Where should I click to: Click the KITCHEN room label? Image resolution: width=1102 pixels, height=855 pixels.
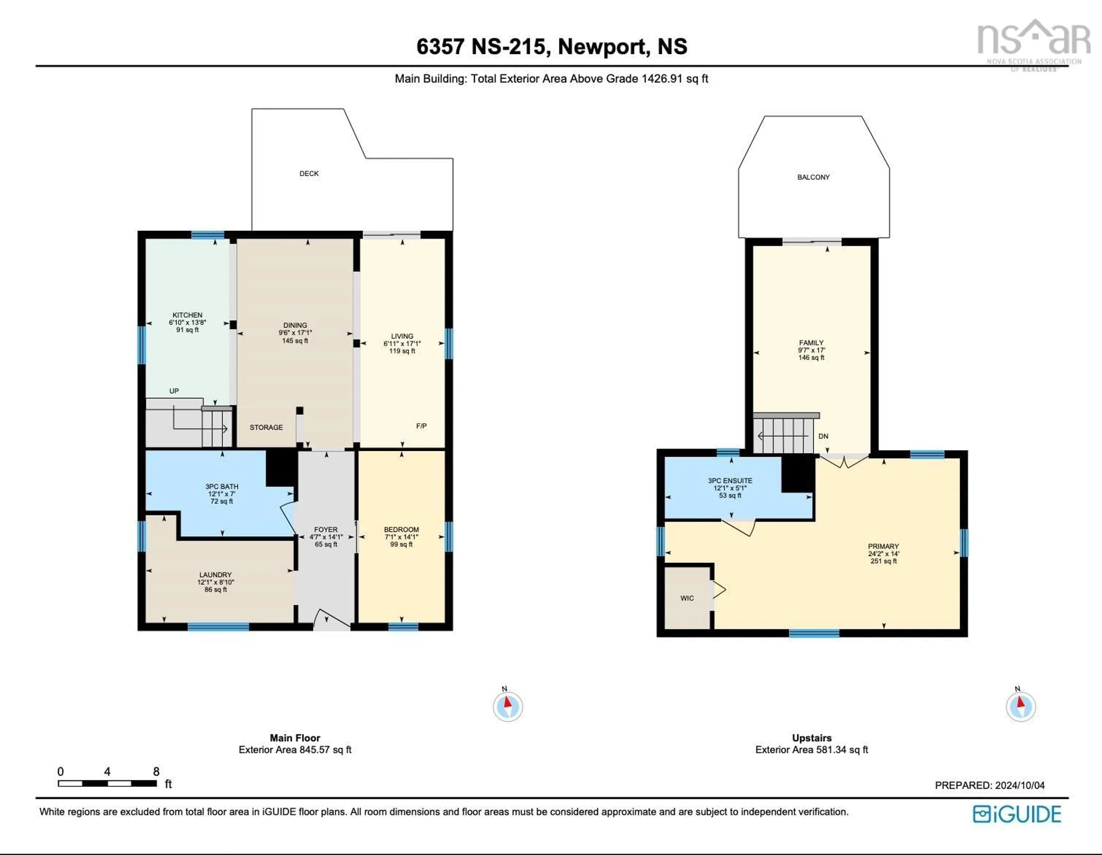[187, 315]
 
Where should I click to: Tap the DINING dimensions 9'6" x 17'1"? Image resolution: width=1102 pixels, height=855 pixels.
[295, 333]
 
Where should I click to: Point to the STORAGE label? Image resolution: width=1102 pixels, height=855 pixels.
[266, 427]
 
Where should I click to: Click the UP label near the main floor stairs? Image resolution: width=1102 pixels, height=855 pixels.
[174, 391]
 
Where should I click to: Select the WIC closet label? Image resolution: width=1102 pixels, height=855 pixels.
[687, 598]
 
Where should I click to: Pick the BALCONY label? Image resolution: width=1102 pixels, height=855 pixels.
[813, 177]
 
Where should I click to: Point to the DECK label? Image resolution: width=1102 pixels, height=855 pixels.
[309, 174]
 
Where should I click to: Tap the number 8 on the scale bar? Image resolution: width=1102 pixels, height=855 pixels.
[156, 771]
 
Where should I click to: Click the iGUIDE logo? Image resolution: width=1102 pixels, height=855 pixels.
[1017, 815]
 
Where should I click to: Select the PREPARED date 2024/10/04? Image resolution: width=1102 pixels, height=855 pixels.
[1019, 785]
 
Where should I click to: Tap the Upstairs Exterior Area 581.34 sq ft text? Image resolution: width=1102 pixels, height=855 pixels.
[811, 750]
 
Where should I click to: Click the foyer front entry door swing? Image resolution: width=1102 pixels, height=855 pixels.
[331, 619]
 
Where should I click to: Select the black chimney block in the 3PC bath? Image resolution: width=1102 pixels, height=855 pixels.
[281, 467]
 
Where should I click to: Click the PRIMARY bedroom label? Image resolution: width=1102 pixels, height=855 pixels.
[883, 546]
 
